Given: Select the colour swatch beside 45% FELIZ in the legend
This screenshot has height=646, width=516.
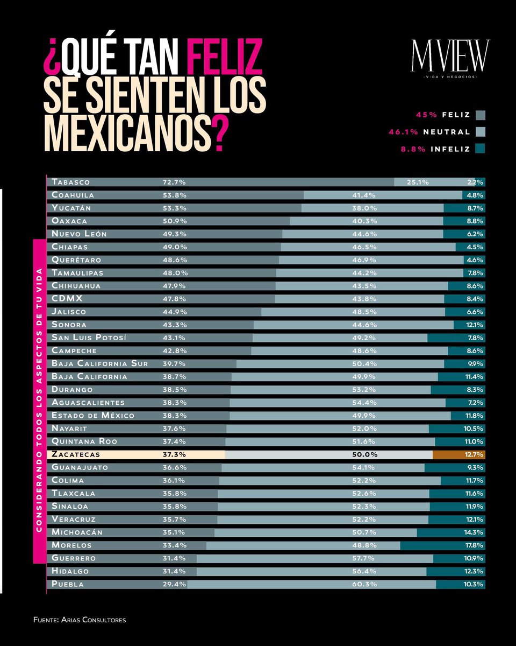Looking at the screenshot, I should pyautogui.click(x=480, y=115).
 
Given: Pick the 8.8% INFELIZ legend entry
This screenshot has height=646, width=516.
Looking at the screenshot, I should pyautogui.click(x=435, y=149).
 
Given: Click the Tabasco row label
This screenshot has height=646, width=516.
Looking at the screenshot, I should pyautogui.click(x=70, y=182).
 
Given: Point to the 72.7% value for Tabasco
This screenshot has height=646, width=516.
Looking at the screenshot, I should pyautogui.click(x=174, y=182).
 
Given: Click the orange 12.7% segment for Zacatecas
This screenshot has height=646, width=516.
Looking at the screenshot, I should pyautogui.click(x=460, y=454).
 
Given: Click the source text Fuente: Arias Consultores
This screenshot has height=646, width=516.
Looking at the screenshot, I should pyautogui.click(x=80, y=620).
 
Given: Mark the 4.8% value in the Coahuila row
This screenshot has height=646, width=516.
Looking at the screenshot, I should pyautogui.click(x=475, y=195).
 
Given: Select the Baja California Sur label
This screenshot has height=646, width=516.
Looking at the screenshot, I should pyautogui.click(x=99, y=363).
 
